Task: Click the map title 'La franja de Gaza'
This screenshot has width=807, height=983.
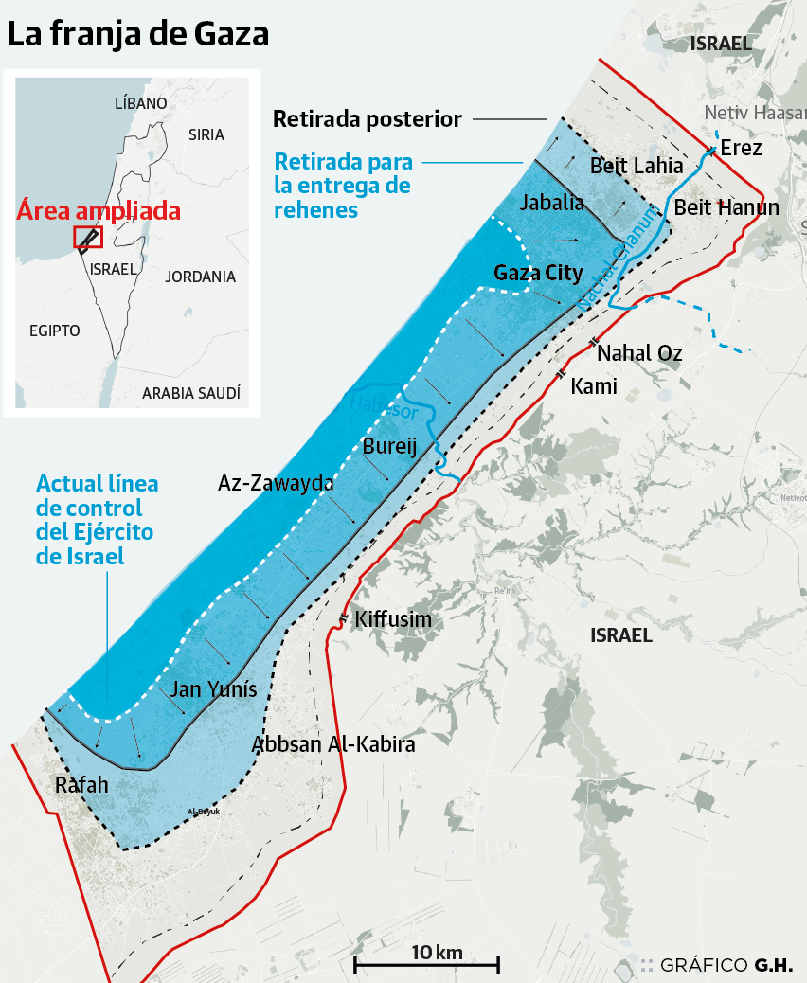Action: [139, 34]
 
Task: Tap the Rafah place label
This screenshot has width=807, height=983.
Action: [81, 785]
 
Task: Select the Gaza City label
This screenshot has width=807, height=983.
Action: [538, 273]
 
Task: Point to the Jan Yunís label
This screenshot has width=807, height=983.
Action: [213, 689]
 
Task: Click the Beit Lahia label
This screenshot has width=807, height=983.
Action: [637, 166]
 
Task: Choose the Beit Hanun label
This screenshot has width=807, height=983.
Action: [726, 207]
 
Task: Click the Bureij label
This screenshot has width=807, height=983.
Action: [390, 446]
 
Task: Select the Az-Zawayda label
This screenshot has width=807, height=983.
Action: [276, 483]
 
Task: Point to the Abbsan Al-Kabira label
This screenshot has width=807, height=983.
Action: [333, 744]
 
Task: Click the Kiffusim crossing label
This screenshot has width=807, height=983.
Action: [393, 620]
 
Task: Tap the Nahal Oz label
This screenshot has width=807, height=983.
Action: [639, 353]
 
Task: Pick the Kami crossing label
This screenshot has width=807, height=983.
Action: [594, 385]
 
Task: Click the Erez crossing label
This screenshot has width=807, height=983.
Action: [741, 148]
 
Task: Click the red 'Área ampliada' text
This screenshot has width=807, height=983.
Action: [99, 210]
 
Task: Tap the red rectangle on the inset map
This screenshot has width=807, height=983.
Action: [87, 237]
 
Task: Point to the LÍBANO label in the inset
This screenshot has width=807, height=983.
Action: [140, 103]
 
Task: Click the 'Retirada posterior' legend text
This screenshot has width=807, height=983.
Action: [367, 119]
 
